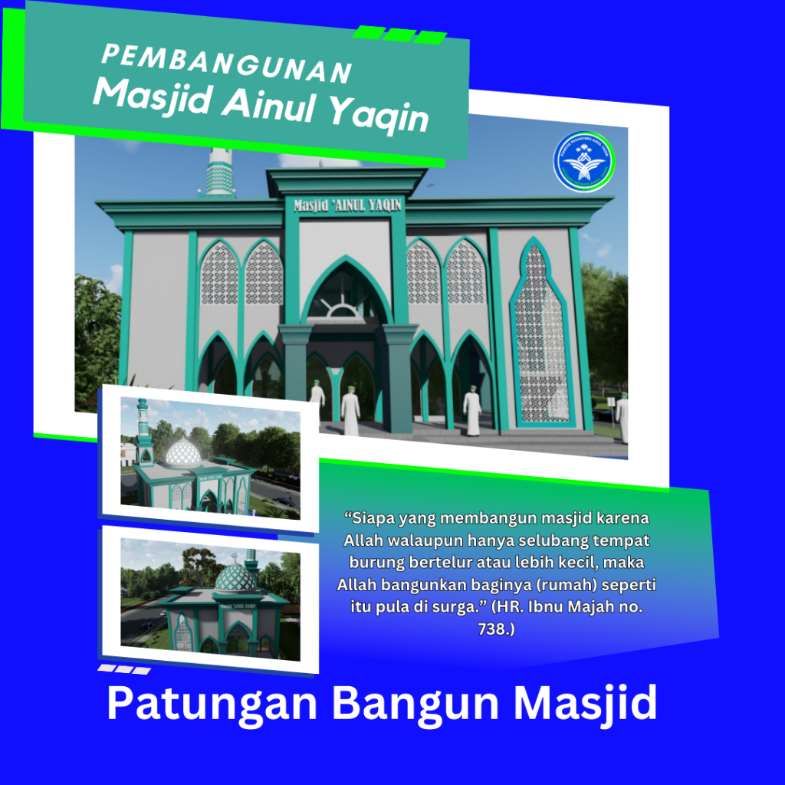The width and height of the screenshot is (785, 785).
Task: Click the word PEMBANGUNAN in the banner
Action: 226,64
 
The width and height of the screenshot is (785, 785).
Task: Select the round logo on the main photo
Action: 584,162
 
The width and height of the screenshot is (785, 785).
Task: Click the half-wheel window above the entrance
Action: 347,308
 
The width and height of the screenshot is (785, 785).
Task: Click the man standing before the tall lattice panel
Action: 472,411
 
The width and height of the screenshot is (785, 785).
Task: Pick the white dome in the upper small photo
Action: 183,452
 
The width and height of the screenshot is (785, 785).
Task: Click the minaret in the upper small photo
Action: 143,433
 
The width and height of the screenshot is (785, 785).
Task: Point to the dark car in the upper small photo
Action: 284,501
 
